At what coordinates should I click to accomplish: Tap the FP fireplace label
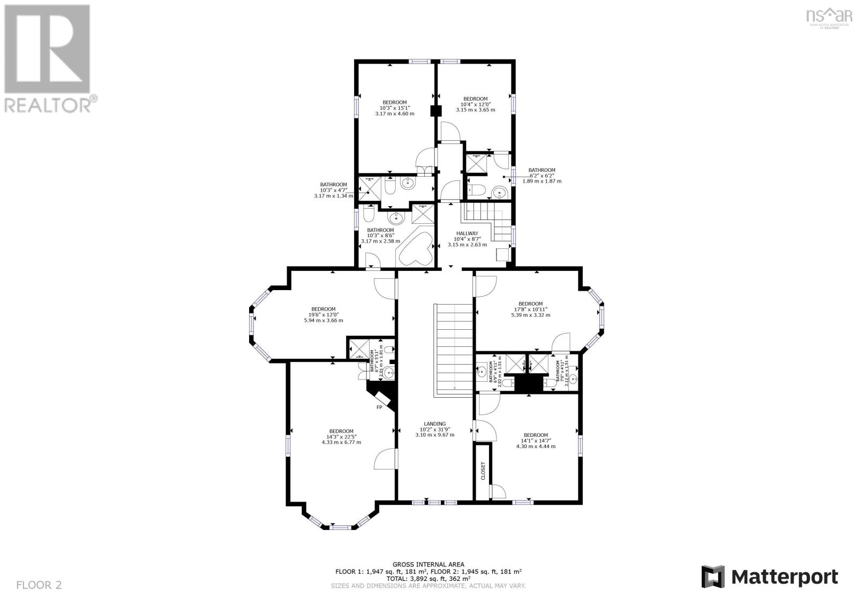tap(379, 407)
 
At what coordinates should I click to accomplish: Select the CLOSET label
tap(483, 471)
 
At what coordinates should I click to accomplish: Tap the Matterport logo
tap(770, 577)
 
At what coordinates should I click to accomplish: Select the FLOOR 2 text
tap(39, 585)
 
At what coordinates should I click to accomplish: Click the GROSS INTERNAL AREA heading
tap(428, 564)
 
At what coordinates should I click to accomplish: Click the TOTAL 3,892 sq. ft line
tap(428, 578)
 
